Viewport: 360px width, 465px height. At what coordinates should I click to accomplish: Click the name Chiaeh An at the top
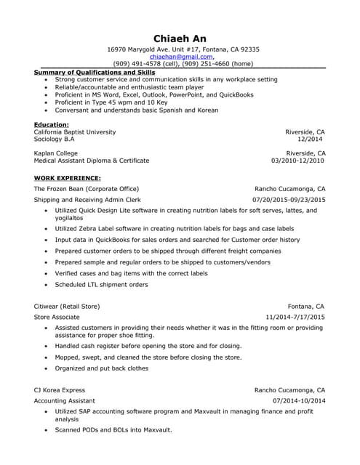(180, 38)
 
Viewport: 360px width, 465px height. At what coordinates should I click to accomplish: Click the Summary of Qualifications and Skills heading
(95, 73)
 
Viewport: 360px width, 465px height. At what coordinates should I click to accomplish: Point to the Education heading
(51, 125)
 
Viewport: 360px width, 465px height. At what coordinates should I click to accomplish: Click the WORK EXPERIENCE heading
(67, 178)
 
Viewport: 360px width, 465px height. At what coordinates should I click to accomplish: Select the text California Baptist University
(74, 132)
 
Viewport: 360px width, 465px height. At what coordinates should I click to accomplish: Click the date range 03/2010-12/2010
(298, 161)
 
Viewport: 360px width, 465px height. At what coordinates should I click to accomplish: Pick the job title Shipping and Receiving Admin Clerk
(87, 199)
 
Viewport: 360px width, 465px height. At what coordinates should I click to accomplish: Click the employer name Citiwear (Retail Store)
(66, 307)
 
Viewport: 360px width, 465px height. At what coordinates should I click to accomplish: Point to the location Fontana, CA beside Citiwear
(305, 307)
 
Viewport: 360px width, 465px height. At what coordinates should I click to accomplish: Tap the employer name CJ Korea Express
(59, 390)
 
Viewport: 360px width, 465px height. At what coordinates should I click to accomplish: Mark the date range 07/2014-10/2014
(299, 401)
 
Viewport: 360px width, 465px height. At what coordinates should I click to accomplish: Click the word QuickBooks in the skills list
(228, 94)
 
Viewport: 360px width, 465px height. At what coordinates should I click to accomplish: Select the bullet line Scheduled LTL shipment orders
(101, 285)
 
